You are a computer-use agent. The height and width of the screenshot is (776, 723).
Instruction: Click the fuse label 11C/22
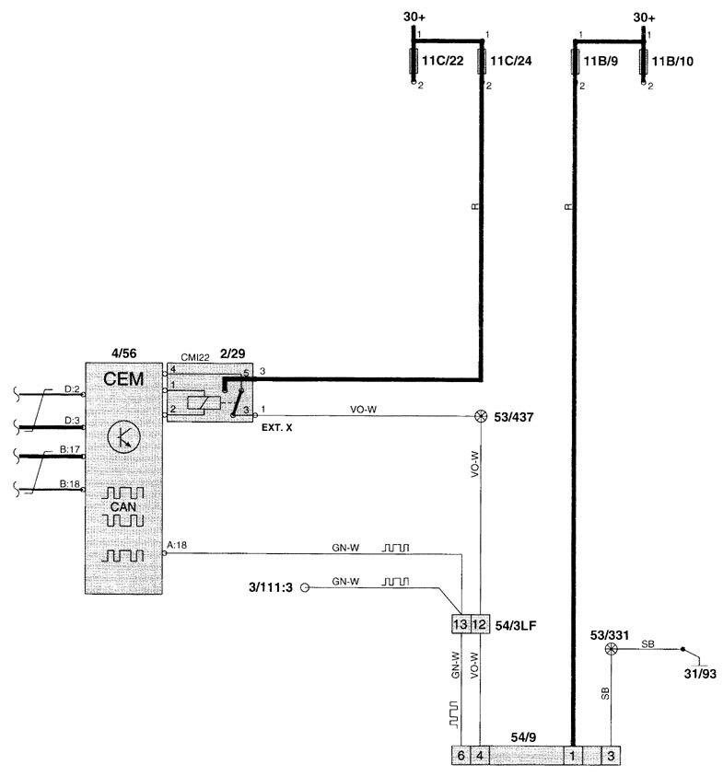pos(442,61)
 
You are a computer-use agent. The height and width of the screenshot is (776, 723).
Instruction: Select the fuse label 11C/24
pos(510,61)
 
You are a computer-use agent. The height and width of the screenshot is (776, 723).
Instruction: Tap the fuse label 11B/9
pos(601,62)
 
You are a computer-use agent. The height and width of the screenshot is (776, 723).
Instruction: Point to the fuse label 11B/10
pos(672,62)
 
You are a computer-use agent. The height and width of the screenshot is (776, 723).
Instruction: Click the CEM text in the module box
pos(123,379)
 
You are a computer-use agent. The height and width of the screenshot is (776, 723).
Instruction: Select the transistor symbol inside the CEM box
pos(123,437)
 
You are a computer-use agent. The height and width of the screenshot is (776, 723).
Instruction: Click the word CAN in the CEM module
pos(122,507)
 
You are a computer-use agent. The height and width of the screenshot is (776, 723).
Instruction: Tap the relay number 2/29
pos(232,353)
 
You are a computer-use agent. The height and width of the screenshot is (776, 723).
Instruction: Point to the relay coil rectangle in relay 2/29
pos(204,403)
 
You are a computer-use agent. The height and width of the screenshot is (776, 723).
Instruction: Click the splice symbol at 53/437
pos(481,416)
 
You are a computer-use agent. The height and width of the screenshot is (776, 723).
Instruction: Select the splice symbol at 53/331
pos(611,649)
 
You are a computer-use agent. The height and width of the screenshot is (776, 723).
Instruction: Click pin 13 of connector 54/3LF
pos(460,624)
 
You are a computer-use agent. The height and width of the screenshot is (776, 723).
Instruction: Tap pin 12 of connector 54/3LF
pos(479,624)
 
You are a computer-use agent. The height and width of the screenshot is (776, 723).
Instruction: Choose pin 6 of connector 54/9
pos(461,756)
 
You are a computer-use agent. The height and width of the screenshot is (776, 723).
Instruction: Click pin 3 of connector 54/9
pos(611,756)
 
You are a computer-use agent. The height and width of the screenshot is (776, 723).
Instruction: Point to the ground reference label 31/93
pos(700,674)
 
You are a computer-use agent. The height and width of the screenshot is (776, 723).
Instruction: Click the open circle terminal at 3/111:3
pos(305,587)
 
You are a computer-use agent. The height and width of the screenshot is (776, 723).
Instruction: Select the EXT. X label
pos(277,428)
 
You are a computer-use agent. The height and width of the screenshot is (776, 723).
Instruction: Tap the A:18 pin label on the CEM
pos(177,545)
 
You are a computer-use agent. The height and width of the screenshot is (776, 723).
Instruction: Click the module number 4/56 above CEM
pos(123,353)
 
